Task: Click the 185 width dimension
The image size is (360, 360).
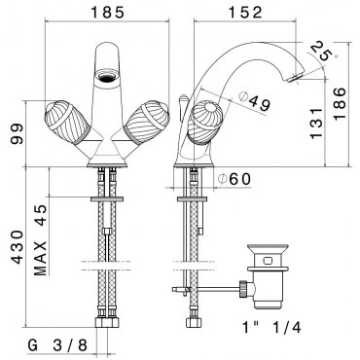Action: click(x=107, y=13)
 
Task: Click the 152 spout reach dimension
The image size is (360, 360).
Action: click(x=245, y=13)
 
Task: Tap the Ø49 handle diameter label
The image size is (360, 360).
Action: click(x=255, y=100)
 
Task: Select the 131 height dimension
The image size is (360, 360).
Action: click(x=317, y=123)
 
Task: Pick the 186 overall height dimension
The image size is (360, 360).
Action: click(x=340, y=103)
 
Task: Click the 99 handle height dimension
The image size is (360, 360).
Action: click(x=17, y=133)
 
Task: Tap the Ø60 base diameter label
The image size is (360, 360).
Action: click(x=234, y=179)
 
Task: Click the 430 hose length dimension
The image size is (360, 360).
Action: click(x=18, y=247)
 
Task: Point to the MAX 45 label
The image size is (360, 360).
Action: click(x=41, y=240)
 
